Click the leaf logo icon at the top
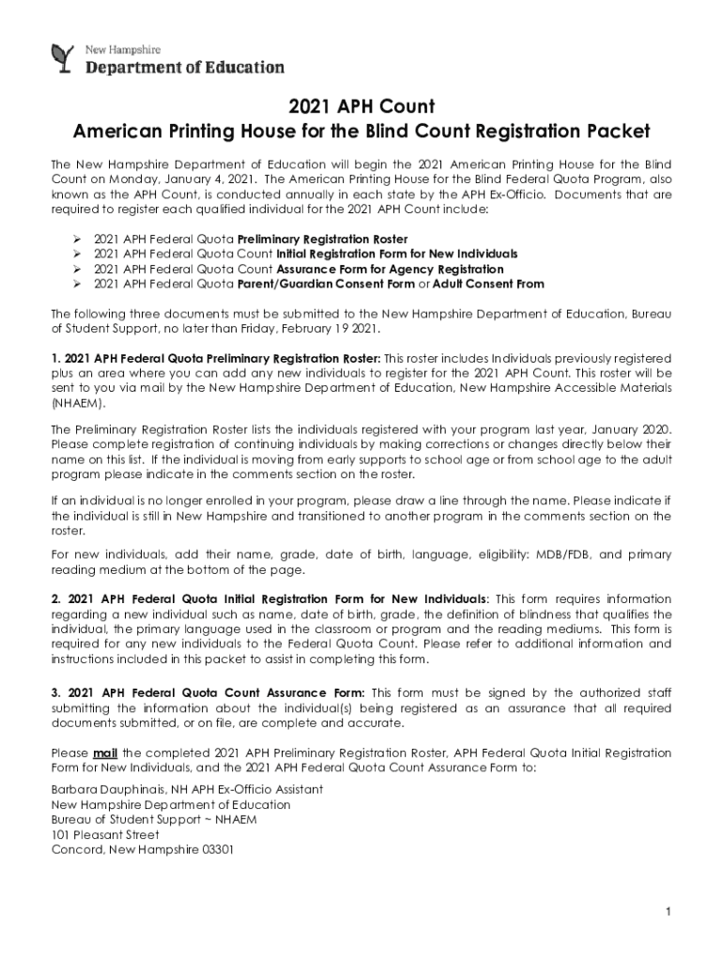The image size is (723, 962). [63, 57]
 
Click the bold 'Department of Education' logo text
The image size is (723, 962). [185, 67]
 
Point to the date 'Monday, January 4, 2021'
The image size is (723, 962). [187, 179]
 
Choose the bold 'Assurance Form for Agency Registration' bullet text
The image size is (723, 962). [390, 269]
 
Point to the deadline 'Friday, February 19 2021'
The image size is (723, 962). [301, 330]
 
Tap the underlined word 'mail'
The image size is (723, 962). [104, 753]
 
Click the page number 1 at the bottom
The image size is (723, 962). [666, 911]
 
